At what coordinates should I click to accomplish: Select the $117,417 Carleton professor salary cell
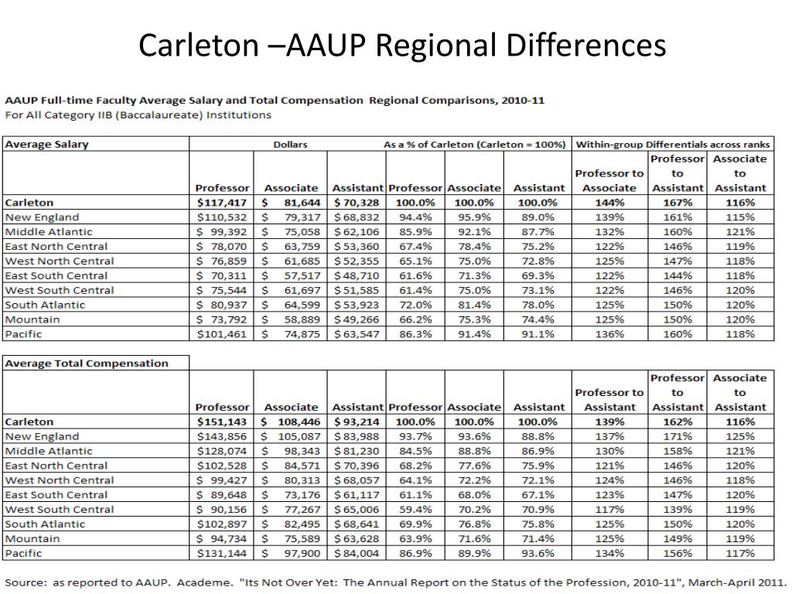coord(222,203)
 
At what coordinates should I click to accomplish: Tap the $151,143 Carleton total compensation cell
coord(222,422)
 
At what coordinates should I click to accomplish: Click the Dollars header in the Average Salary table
coord(290,145)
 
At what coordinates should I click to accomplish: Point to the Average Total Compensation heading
coord(87,364)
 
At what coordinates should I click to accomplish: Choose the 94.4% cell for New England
coord(415,217)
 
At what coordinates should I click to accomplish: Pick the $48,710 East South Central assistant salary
coord(357,276)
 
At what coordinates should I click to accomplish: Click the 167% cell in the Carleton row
coord(678,203)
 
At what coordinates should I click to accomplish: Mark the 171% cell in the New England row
coord(678,437)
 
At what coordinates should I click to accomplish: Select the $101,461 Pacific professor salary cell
coord(222,334)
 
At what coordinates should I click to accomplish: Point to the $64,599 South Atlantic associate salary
coord(290,305)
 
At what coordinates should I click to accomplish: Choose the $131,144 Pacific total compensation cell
coord(222,554)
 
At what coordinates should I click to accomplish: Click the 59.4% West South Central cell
coord(415,510)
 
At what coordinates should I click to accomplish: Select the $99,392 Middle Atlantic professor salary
coord(222,232)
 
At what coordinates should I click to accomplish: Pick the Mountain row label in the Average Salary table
coord(32,319)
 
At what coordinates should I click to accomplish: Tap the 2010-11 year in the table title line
coord(522,101)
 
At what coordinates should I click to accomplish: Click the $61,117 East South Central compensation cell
coord(357,495)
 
